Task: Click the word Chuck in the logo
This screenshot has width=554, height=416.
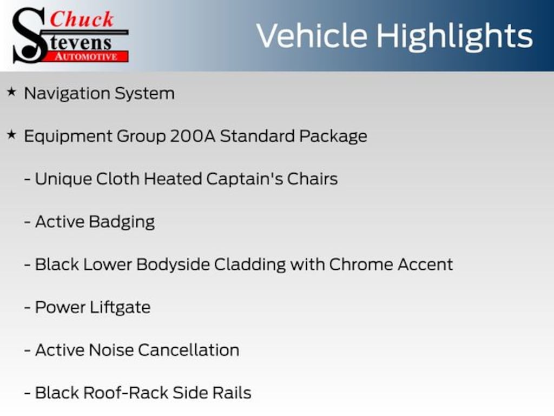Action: coord(82,19)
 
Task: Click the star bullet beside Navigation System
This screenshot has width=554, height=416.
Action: coord(11,92)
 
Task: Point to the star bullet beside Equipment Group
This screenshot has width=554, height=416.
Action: coord(11,134)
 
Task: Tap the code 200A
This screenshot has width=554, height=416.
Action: coord(193,136)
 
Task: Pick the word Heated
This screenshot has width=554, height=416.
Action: coord(173,179)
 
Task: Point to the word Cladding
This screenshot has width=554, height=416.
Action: coord(250,264)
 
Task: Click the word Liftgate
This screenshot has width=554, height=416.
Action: coord(120,308)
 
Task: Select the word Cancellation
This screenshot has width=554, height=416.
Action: coord(189,350)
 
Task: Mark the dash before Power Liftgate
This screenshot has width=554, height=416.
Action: coord(27,308)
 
